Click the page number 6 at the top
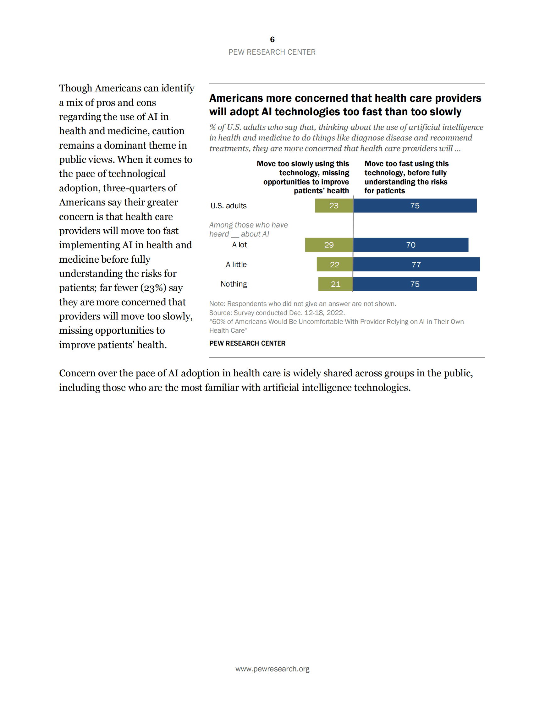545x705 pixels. [x=272, y=39]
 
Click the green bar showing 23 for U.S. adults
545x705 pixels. [x=334, y=205]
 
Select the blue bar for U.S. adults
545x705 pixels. [x=415, y=205]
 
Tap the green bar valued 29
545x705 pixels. [x=329, y=245]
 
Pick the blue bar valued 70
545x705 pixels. [x=411, y=245]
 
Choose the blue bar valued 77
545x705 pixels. [x=416, y=265]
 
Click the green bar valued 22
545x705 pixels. [x=334, y=265]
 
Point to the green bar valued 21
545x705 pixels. [x=335, y=284]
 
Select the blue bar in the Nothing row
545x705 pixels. [x=415, y=284]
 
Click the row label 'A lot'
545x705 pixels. [x=239, y=245]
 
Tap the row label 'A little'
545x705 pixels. [x=236, y=265]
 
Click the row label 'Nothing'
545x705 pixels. [x=234, y=284]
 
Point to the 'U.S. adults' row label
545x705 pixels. [x=228, y=205]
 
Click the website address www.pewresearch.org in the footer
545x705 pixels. [x=272, y=669]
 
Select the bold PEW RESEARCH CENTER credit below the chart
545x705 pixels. [x=247, y=343]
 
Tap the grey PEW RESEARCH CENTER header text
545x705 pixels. [x=272, y=52]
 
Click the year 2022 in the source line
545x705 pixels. [x=337, y=313]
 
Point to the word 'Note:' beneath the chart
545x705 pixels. [x=217, y=303]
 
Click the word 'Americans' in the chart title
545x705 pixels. [x=236, y=98]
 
